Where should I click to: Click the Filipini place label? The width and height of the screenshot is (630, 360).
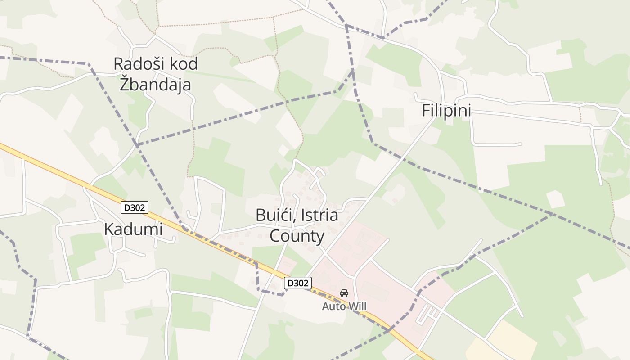[446, 111]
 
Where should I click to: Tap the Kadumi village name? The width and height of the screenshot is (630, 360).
[133, 229]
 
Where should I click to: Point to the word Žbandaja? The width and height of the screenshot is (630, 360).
[155, 85]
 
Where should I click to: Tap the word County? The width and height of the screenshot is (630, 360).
[297, 236]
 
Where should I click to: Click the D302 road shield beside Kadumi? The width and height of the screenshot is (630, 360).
[135, 207]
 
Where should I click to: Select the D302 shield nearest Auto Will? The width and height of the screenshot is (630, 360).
[298, 283]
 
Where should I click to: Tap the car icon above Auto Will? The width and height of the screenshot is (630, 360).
[344, 293]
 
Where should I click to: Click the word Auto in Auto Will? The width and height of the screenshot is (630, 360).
[331, 306]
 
